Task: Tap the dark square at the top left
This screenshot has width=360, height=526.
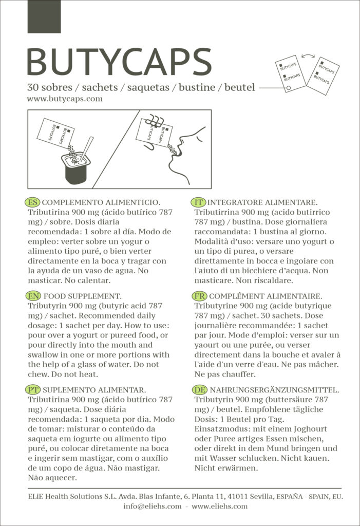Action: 44,16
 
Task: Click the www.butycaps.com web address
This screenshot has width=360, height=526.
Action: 65,99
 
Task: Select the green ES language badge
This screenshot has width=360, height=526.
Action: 32,202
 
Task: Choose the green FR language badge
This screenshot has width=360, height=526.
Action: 199,296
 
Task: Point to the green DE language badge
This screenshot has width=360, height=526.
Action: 199,389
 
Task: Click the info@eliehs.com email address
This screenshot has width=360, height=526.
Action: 153,506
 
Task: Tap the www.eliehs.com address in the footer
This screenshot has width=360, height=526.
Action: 219,506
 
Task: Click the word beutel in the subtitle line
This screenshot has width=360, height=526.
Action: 239,87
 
